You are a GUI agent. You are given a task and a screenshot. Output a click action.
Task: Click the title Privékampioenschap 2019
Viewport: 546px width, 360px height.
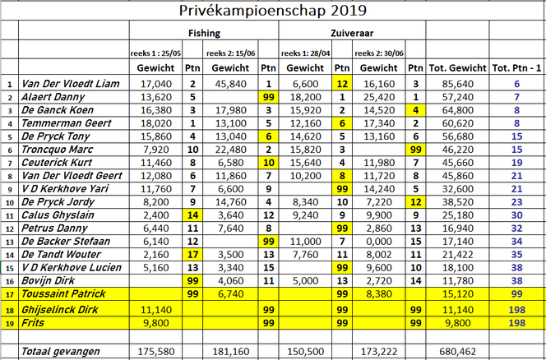click(273, 11)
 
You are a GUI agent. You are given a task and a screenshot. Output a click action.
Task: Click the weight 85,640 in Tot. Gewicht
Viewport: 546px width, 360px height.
click(459, 84)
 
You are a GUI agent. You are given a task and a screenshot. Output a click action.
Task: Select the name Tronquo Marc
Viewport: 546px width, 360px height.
click(58, 150)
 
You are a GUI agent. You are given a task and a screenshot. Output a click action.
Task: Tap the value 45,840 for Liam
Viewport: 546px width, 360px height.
click(233, 84)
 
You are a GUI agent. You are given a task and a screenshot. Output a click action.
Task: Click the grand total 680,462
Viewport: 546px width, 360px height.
click(459, 351)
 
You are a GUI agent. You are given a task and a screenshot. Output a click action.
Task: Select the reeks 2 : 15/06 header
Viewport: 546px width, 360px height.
click(236, 52)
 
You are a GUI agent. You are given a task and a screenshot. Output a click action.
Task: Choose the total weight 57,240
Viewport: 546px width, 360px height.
click(459, 97)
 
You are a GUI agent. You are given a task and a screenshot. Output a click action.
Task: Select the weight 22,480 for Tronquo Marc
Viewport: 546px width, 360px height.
click(233, 150)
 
